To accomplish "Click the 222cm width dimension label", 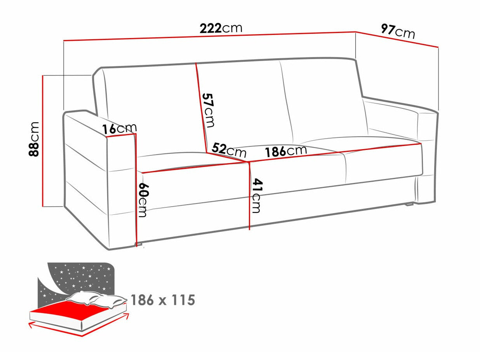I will click(221, 28).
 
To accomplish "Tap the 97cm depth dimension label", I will click(398, 31).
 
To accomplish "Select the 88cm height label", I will click(35, 139).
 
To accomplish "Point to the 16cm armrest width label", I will click(120, 129).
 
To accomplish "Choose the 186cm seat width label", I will click(286, 151).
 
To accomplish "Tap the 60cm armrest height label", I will click(143, 200).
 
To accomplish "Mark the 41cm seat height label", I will click(256, 196).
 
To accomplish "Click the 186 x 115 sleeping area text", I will click(162, 300).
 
